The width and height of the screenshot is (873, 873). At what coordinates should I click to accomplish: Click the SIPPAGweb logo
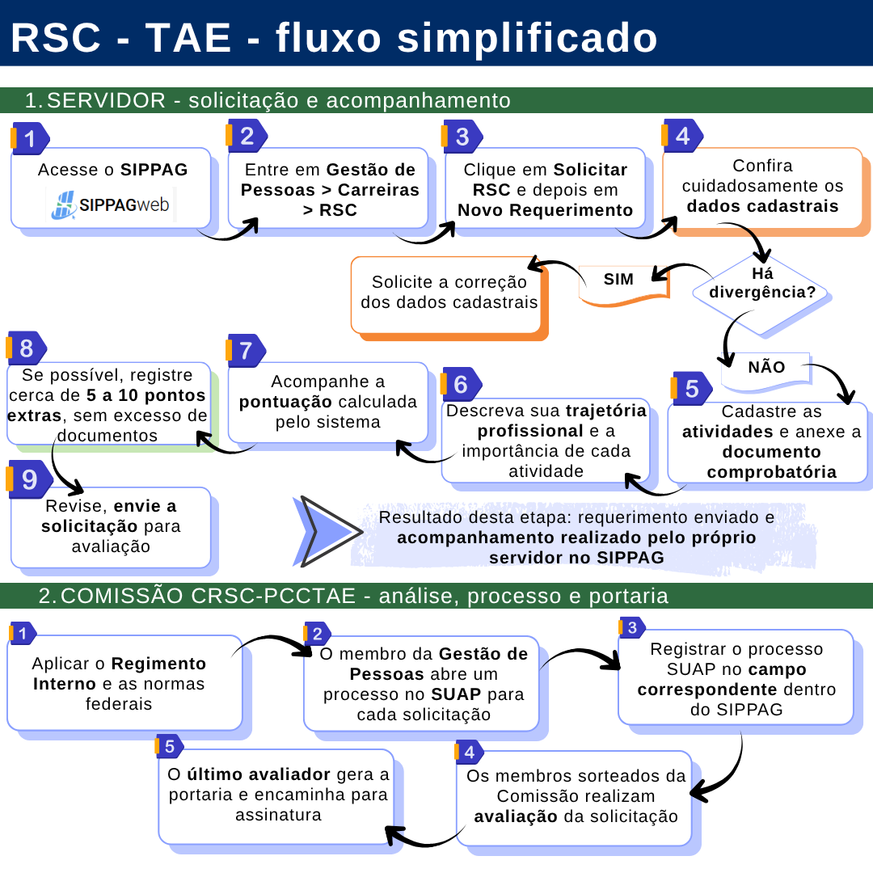point(111,205)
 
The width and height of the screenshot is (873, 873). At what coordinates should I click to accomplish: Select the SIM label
point(619,280)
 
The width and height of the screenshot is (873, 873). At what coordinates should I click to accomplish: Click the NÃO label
point(766,367)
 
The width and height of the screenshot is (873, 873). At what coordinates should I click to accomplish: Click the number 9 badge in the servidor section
point(30,479)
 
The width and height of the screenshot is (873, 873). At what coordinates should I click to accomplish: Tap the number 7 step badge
point(246,351)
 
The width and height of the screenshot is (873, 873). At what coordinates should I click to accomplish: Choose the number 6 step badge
point(461,384)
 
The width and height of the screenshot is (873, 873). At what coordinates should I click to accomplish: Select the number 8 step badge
point(26,348)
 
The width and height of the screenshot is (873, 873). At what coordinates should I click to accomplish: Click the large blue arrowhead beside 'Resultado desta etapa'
point(326,532)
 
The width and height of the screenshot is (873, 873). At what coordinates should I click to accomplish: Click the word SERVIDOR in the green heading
point(106,101)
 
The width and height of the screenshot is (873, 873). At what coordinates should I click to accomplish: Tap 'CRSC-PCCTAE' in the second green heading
point(273,596)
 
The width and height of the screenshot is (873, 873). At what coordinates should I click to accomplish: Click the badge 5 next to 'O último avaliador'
point(169,747)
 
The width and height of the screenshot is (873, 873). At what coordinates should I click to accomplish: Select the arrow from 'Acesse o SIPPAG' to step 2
point(228,233)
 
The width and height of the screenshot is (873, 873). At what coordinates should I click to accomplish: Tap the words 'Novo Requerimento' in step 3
point(545,210)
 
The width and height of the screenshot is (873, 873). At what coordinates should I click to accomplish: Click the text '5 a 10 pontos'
point(145,395)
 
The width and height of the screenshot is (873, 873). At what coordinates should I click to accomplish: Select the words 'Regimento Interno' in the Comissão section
point(119,673)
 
